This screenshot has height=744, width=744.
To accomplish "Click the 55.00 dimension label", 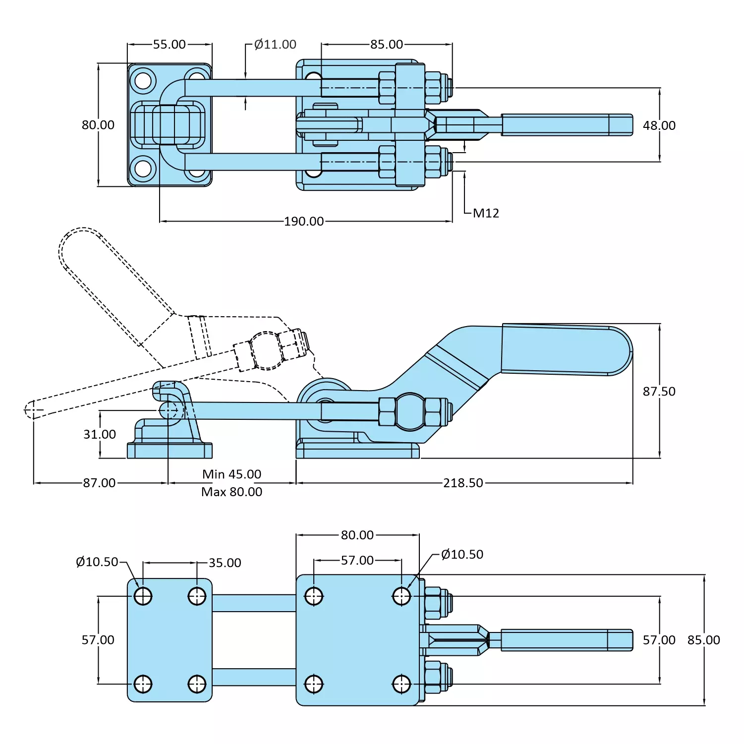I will click(x=169, y=45).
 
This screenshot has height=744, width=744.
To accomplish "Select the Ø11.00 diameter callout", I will click(x=275, y=45).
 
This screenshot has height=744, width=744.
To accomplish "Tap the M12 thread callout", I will click(x=486, y=213).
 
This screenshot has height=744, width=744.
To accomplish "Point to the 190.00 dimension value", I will click(x=304, y=222).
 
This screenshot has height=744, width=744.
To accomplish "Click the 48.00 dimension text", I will click(x=659, y=126).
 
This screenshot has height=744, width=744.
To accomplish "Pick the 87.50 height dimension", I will click(x=659, y=392).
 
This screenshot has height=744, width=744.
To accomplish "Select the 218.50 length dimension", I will click(x=463, y=483).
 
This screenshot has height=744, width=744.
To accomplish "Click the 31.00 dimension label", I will click(x=100, y=435).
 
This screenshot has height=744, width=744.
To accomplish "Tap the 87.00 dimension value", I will click(x=99, y=483).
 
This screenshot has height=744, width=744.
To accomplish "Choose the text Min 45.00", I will click(x=231, y=474).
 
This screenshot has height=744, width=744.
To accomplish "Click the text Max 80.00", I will click(x=231, y=492).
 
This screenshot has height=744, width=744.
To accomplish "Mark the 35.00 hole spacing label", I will click(x=225, y=563).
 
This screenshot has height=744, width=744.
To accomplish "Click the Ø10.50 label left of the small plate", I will click(x=97, y=562).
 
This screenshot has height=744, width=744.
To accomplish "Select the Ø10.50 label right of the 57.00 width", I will click(x=462, y=555).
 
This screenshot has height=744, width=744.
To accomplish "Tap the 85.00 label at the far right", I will click(x=703, y=640).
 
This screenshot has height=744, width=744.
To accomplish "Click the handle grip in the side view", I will click(x=565, y=349).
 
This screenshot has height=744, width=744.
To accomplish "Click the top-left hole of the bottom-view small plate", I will click(x=143, y=596).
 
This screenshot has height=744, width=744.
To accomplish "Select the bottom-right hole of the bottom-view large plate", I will click(x=401, y=684).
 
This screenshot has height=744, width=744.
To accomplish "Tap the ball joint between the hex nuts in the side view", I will click(x=410, y=411).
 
